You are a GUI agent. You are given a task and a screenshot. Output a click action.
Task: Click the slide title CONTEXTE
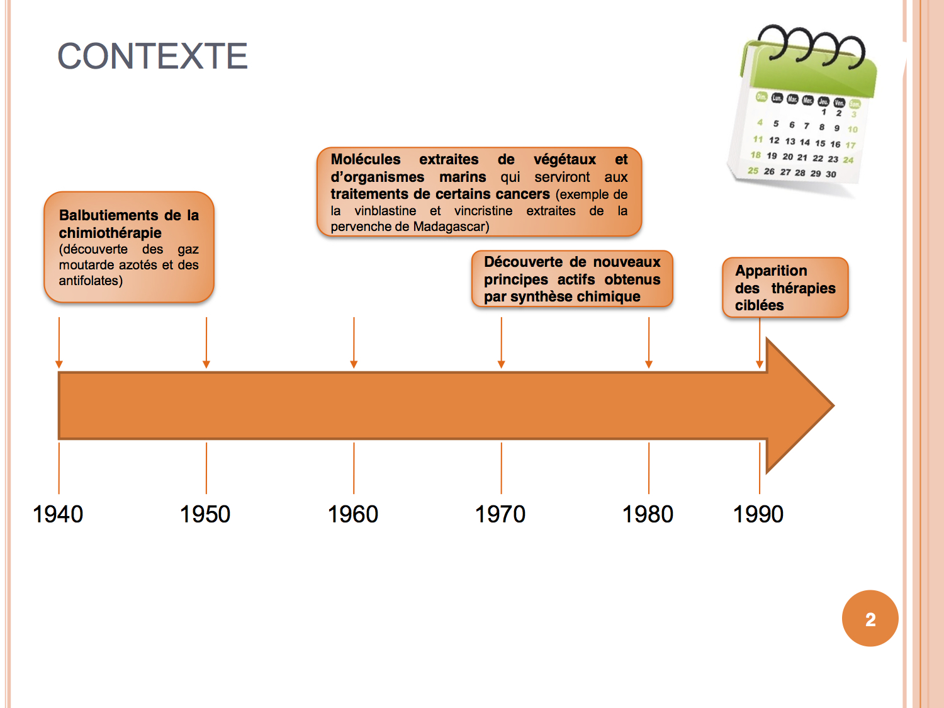click(x=153, y=56)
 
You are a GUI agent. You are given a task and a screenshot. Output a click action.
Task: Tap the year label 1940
click(x=58, y=514)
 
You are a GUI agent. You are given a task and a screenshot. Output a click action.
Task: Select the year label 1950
click(x=205, y=514)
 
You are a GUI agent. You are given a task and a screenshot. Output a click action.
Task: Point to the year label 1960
click(x=353, y=514)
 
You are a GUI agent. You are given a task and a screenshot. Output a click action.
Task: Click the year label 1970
click(x=500, y=514)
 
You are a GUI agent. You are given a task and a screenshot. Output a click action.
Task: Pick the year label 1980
click(x=648, y=514)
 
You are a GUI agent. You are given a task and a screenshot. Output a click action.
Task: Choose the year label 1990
click(x=758, y=514)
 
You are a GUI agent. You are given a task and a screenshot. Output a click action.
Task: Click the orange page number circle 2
click(x=870, y=619)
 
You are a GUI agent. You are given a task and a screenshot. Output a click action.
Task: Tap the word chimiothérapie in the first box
click(x=110, y=233)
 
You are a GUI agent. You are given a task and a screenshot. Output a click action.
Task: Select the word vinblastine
click(x=385, y=211)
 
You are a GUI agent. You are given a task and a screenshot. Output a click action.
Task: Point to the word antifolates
click(x=89, y=281)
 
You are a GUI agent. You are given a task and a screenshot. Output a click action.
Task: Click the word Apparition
click(x=771, y=271)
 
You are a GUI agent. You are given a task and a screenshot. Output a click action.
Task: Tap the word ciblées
click(x=759, y=305)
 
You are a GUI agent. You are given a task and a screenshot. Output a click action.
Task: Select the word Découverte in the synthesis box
click(x=524, y=262)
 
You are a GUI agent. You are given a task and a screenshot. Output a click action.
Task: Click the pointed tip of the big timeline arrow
click(x=834, y=405)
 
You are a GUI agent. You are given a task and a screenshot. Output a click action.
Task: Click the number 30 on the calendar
click(x=831, y=174)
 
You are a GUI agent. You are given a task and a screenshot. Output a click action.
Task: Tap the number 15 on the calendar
click(x=820, y=143)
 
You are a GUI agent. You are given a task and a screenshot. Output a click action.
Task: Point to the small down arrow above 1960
click(x=354, y=342)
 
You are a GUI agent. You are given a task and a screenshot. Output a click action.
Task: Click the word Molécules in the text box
click(x=366, y=159)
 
